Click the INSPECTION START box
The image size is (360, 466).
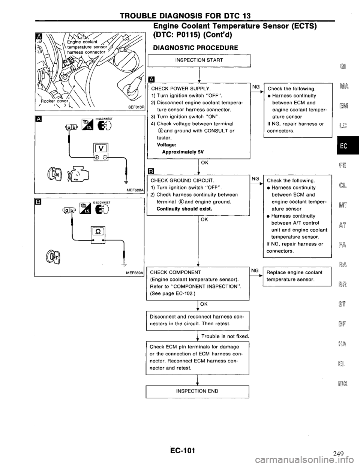click(199, 60)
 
